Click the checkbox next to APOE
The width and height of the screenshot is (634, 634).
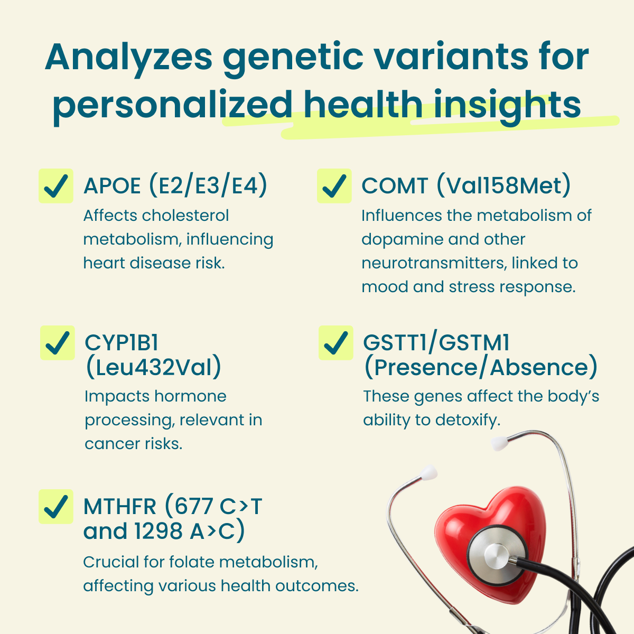56,186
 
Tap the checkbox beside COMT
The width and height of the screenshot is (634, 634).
334,186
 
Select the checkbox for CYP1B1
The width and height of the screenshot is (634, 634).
58,343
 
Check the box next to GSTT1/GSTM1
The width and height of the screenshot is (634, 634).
336,343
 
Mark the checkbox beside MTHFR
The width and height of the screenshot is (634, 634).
56,507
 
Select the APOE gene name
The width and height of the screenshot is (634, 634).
112,186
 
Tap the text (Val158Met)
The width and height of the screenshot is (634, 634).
504,185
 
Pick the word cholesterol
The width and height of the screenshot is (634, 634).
185,216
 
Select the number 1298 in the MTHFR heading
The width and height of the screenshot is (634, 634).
158,531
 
